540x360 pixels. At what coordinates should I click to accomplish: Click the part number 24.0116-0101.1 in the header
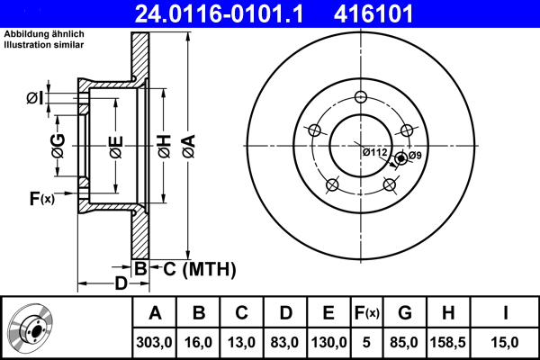coord(231,13)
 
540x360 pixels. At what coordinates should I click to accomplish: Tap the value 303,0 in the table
coord(155,342)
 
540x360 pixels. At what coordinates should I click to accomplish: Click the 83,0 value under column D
coord(285,342)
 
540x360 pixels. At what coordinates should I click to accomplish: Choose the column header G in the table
coord(405,313)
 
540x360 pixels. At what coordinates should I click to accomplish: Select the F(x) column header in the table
coord(367,313)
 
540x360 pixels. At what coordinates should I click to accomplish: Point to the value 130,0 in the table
coord(328,342)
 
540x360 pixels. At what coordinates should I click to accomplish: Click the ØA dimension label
coord(187,145)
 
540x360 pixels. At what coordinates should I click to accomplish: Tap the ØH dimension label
coord(165,146)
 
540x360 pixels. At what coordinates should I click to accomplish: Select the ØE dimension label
coord(116,146)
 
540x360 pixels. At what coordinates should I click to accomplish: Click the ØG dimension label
coord(58,145)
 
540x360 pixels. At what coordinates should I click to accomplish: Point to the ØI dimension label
coord(34,98)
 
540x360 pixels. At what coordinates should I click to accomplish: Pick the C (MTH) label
coord(199,268)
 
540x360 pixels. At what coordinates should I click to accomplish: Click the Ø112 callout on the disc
coord(374,153)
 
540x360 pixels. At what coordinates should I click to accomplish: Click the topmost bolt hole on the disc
coord(361,98)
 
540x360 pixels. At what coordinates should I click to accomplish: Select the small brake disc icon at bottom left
coord(31,328)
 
